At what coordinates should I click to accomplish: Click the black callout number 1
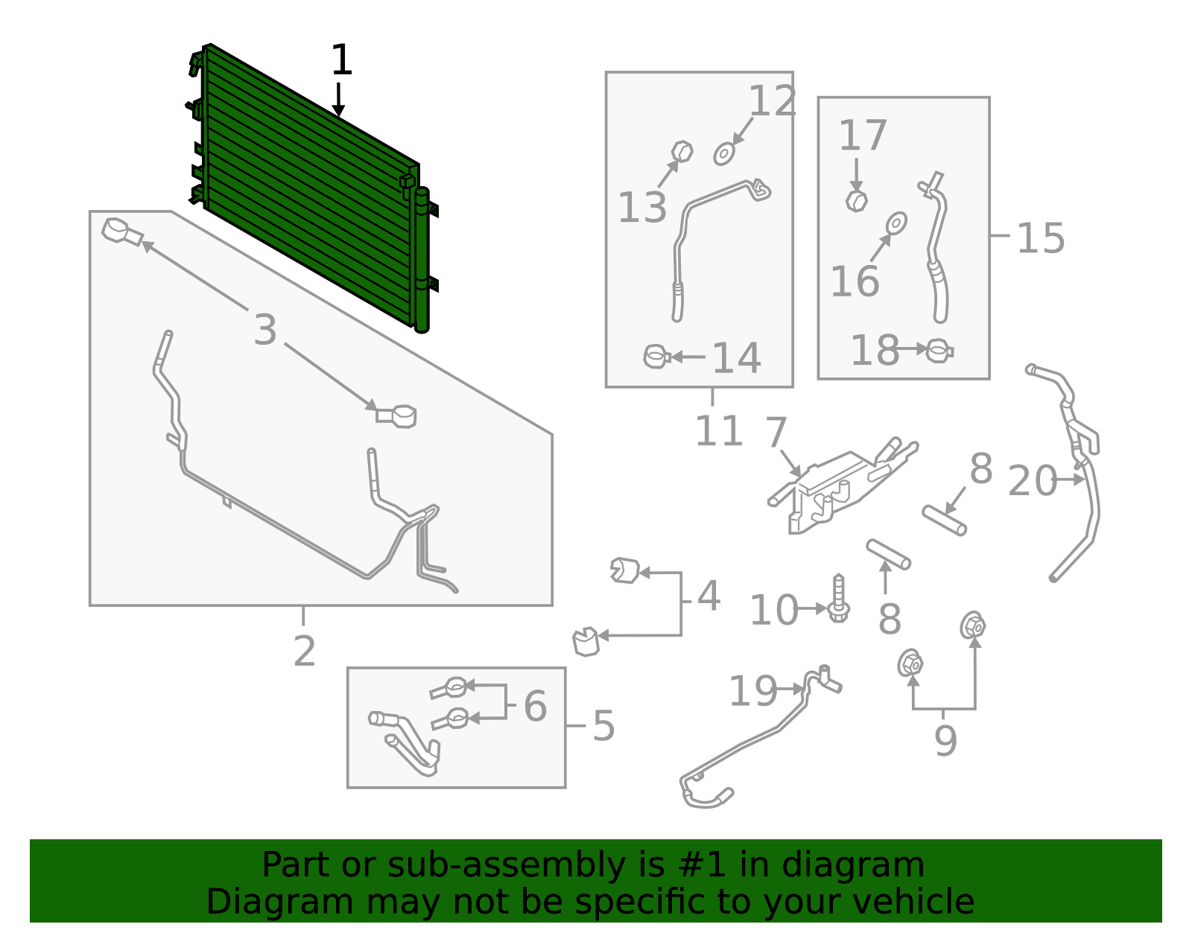coord(341,60)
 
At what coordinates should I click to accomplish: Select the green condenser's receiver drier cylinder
coord(422,261)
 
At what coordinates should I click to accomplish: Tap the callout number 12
coord(773,101)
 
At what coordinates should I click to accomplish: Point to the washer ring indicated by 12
coord(724,154)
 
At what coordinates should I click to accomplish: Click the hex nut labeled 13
coord(682,151)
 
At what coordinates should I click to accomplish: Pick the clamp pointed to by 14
coord(656,357)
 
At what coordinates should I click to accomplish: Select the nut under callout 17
coord(857,200)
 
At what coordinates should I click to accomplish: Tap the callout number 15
coord(1040,238)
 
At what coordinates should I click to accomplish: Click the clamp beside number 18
coord(939,350)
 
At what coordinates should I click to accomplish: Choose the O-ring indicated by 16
coord(896,223)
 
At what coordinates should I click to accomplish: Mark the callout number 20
coord(1032,481)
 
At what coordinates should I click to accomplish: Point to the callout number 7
coord(776,433)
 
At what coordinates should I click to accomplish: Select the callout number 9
coord(945,740)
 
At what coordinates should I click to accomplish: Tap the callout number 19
coord(752,691)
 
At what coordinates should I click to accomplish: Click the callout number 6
coord(535,706)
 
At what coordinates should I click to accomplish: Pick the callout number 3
coord(265,330)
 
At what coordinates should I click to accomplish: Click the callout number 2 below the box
coord(304,651)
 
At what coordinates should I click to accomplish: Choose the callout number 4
coord(708,596)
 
